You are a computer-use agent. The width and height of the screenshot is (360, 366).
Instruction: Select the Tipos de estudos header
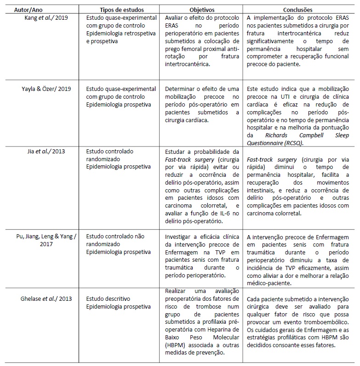pos(122,10)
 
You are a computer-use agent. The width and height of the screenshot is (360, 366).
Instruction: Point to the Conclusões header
pos(298,10)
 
